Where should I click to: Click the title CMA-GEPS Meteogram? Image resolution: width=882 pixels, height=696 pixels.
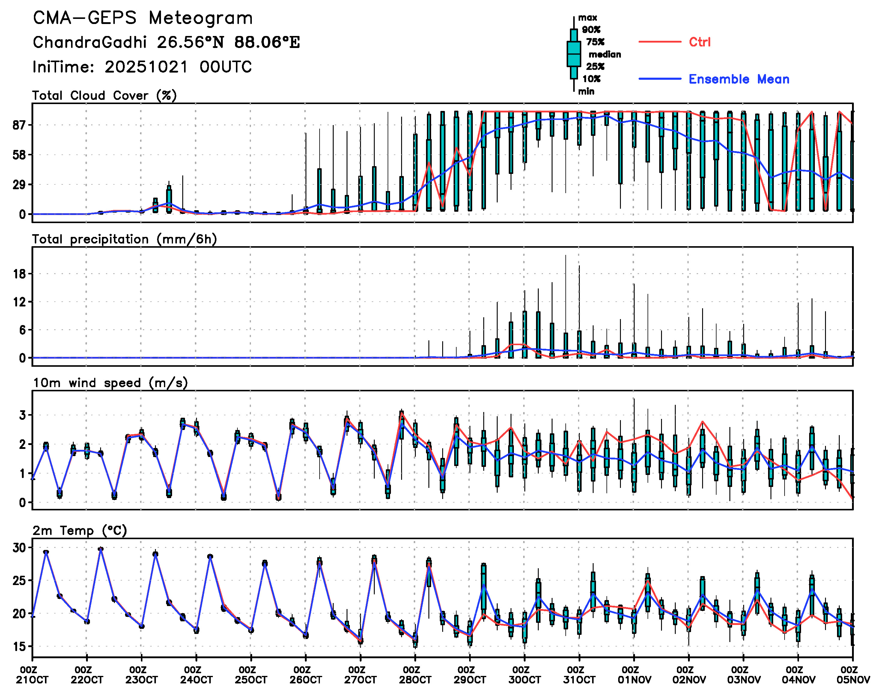click(143, 18)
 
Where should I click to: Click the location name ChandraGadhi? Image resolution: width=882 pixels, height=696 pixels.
click(90, 42)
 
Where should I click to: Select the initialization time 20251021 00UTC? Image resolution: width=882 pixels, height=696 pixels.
click(178, 67)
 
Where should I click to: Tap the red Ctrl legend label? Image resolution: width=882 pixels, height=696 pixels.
click(699, 42)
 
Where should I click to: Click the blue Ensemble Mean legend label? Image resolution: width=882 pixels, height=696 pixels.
click(739, 79)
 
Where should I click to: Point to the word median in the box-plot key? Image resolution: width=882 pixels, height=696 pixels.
click(605, 55)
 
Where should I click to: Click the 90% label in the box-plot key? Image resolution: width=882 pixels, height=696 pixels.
click(591, 30)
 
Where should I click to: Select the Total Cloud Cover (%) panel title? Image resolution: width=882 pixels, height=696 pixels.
click(104, 96)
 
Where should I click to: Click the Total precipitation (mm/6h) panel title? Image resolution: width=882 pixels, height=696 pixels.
click(124, 239)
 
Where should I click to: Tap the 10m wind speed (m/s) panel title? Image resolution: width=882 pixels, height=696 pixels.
click(110, 383)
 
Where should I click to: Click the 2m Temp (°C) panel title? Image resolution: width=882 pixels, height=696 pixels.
click(80, 530)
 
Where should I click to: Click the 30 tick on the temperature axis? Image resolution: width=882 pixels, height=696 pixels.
click(19, 548)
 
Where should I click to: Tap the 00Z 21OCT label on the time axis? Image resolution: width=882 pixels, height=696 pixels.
click(32, 675)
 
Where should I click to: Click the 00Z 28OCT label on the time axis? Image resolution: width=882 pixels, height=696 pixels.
click(415, 675)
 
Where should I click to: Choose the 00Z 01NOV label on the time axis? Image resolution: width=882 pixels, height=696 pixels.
click(633, 675)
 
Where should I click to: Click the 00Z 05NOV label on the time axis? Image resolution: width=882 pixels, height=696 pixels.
click(852, 675)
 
